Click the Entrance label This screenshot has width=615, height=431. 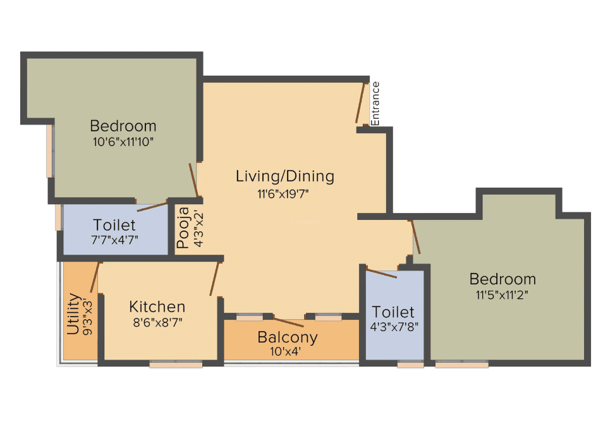coord(375,104)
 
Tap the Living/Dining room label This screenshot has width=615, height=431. coord(285,176)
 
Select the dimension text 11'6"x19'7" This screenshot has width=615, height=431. coord(283,194)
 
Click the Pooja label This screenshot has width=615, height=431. coord(183,228)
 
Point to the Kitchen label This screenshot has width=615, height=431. coord(157,307)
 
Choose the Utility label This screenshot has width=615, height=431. coord(73,313)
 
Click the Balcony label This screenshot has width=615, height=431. coord(288,337)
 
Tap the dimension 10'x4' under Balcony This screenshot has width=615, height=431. coord(285,351)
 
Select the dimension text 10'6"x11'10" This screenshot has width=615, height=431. coord(123,142)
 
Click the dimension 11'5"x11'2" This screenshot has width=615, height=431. coord(502,295)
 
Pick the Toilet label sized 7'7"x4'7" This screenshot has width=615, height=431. coord(114,225)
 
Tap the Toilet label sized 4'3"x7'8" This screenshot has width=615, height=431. coord(393,312)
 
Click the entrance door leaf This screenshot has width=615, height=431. coord(360,103)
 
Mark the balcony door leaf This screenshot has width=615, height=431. coord(288,322)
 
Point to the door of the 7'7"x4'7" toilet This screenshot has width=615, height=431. coord(152,207)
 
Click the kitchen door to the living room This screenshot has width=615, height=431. coord(214,279)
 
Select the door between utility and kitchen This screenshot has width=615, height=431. coord(95,277)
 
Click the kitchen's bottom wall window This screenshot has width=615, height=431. coord(176,365)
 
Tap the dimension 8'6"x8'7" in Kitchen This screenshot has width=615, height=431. coord(157,323)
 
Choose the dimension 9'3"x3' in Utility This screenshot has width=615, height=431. coord(88,317)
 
